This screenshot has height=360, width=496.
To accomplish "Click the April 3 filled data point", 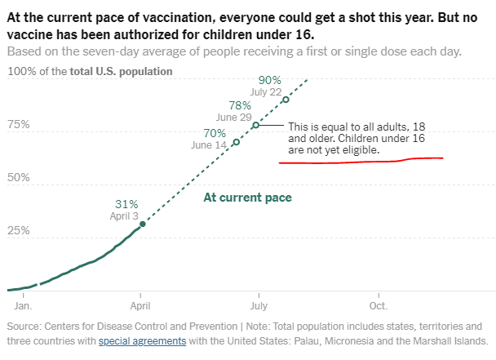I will [143, 224].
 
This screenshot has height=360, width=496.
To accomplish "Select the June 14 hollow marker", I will [237, 142].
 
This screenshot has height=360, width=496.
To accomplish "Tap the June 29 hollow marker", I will [255, 125].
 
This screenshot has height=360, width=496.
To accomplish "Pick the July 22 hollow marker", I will [286, 100].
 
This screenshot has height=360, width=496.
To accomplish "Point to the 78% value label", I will [240, 105].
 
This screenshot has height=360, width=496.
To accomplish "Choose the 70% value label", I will [215, 133].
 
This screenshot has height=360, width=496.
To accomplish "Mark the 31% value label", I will [126, 204].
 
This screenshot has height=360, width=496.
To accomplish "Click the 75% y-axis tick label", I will [19, 125].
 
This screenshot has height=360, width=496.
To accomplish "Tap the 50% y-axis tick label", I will [19, 178].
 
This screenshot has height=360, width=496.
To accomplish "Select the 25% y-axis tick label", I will [19, 231].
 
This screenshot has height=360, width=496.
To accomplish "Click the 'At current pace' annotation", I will [247, 198].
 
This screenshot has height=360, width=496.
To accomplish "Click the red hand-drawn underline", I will [359, 161].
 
